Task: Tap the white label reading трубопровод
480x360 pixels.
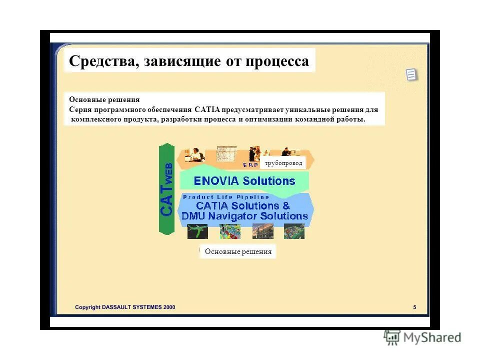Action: [282, 163]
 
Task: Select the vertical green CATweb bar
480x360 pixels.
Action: [166, 189]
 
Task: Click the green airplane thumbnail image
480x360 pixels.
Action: [197, 231]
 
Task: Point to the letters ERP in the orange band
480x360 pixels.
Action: [250, 164]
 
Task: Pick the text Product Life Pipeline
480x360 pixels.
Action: [226, 197]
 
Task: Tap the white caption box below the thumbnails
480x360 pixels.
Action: [238, 251]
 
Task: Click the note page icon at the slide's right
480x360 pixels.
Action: [411, 75]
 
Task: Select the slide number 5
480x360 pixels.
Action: [414, 307]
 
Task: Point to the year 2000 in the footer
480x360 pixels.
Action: [168, 307]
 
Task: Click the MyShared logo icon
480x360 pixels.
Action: [392, 337]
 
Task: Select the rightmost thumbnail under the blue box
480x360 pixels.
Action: [294, 231]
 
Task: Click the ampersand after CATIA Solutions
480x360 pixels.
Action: [286, 206]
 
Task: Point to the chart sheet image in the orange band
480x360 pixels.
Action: [229, 154]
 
